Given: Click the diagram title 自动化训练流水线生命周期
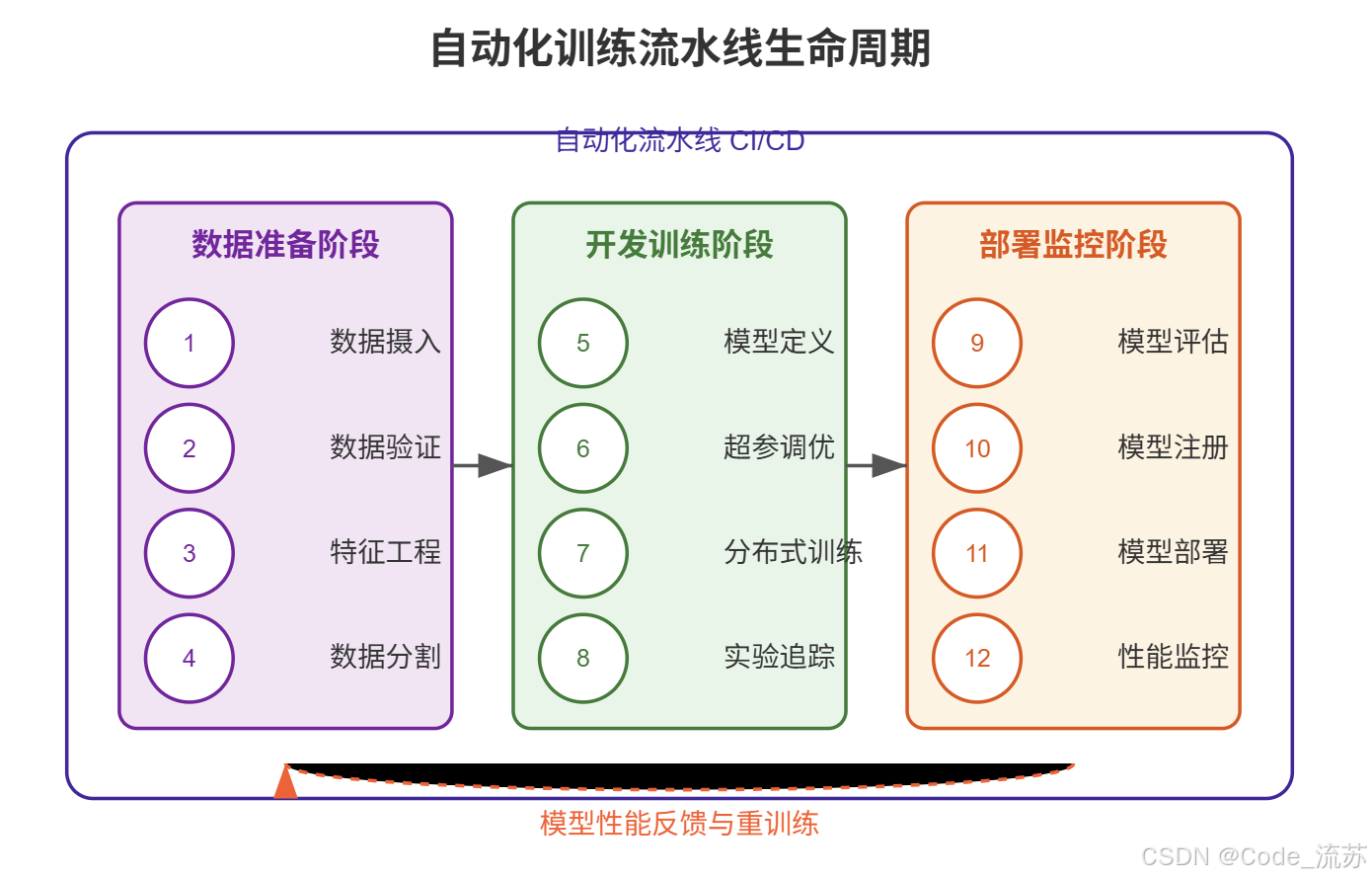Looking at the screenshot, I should tap(680, 48).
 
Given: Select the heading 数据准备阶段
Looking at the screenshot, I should tap(285, 244).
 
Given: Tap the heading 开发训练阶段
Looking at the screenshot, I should tap(679, 244).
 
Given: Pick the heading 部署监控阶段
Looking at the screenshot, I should tap(1073, 244).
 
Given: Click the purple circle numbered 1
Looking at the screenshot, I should tap(190, 343).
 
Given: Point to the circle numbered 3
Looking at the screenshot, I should tap(190, 553).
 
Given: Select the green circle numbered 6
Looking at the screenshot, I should tap(583, 448).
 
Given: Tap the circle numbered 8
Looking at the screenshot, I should tap(583, 658).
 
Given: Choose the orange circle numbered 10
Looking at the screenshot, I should tap(977, 448).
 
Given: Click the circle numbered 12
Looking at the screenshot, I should tap(977, 658).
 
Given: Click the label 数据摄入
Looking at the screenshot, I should tap(385, 342).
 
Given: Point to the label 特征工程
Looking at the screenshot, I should tap(385, 552).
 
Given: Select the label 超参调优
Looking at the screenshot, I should tap(779, 447).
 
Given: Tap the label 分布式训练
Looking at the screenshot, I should tap(793, 552).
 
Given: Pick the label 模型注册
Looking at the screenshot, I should tap(1173, 447).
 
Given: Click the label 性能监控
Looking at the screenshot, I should tap(1173, 657).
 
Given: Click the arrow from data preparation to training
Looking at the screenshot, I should tap(483, 465).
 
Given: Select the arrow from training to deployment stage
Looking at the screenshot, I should tap(876, 465).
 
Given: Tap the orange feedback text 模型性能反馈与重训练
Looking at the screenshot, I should tap(679, 824).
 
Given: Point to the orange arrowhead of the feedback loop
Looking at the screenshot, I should tap(285, 782).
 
